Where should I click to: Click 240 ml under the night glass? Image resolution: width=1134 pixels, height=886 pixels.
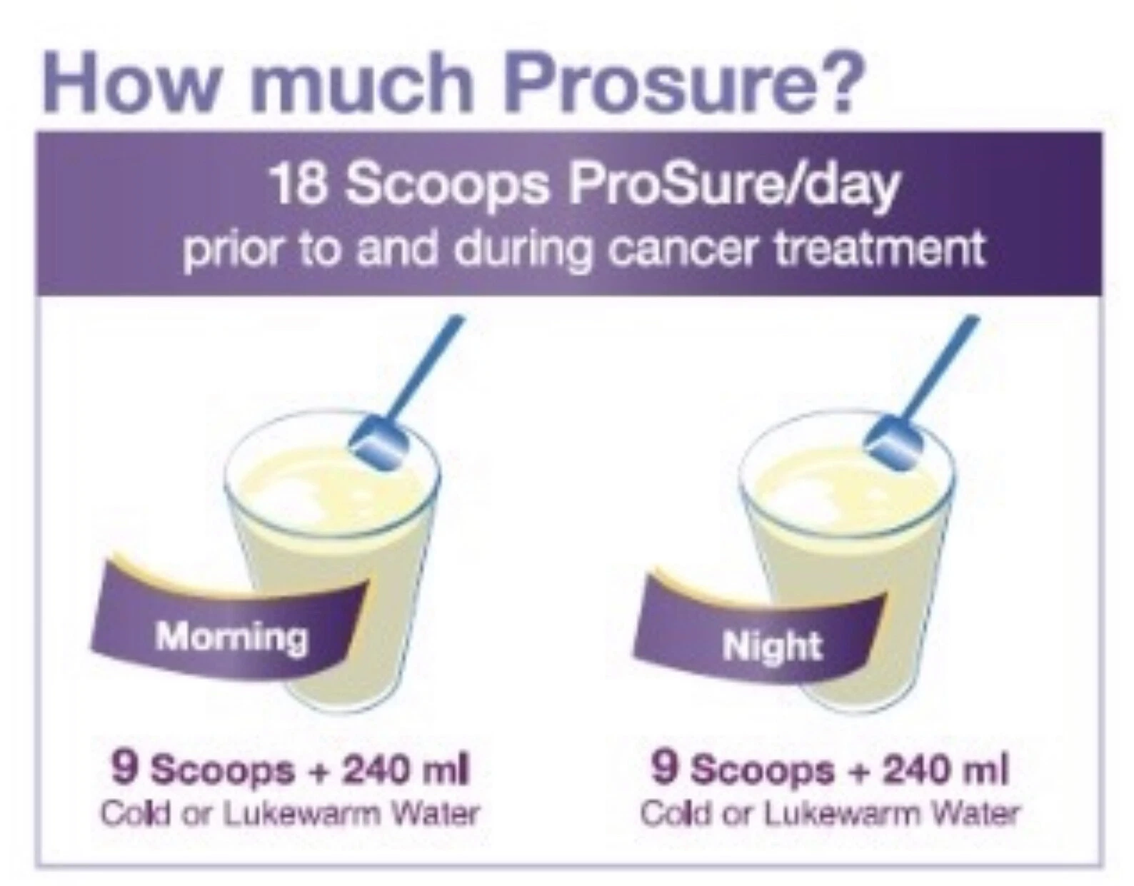tap(945, 771)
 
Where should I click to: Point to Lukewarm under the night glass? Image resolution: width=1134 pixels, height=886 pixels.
tap(841, 815)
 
